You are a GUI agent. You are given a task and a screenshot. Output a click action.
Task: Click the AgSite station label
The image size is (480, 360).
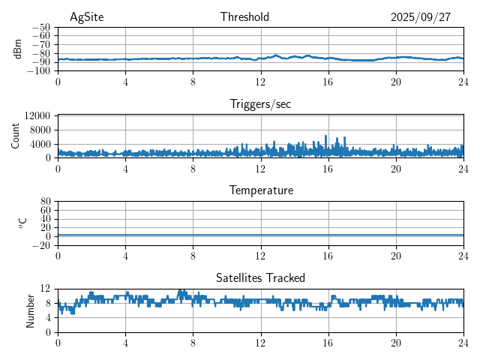click(x=86, y=17)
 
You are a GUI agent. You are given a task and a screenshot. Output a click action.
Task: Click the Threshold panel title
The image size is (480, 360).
click(x=244, y=17)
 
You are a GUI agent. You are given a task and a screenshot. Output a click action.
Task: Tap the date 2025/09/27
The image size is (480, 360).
click(x=420, y=17)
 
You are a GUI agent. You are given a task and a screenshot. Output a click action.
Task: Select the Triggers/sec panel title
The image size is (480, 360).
click(x=260, y=104)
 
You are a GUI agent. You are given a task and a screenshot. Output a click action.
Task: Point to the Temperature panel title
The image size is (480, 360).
click(x=260, y=190)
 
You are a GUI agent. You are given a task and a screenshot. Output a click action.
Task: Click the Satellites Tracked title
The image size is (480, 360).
click(x=260, y=277)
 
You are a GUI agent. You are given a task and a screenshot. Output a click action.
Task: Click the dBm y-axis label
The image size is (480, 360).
click(x=18, y=49)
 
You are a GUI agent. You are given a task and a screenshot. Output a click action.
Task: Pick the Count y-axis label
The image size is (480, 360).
click(x=16, y=136)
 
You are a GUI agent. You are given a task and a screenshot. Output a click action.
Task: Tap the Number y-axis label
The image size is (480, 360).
click(x=31, y=310)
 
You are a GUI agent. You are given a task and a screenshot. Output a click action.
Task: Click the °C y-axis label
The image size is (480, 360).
click(x=23, y=223)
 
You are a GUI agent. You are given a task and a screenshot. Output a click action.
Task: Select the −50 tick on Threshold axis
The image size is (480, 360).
click(x=40, y=27)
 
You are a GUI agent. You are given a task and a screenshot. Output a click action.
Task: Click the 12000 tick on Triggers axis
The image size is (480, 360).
click(x=37, y=115)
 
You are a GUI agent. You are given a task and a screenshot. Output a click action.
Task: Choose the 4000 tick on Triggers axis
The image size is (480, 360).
click(x=41, y=143)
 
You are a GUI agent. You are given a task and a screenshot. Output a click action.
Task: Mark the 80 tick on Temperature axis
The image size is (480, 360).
click(x=45, y=202)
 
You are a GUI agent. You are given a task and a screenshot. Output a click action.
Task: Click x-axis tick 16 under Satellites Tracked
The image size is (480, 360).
click(x=328, y=342)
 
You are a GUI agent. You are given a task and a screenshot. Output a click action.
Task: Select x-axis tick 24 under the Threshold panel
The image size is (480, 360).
click(x=463, y=81)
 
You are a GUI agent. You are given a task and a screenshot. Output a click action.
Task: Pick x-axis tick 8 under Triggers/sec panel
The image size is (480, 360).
click(x=193, y=168)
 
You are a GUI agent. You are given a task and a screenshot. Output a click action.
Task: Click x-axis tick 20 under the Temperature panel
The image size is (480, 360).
click(x=395, y=255)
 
